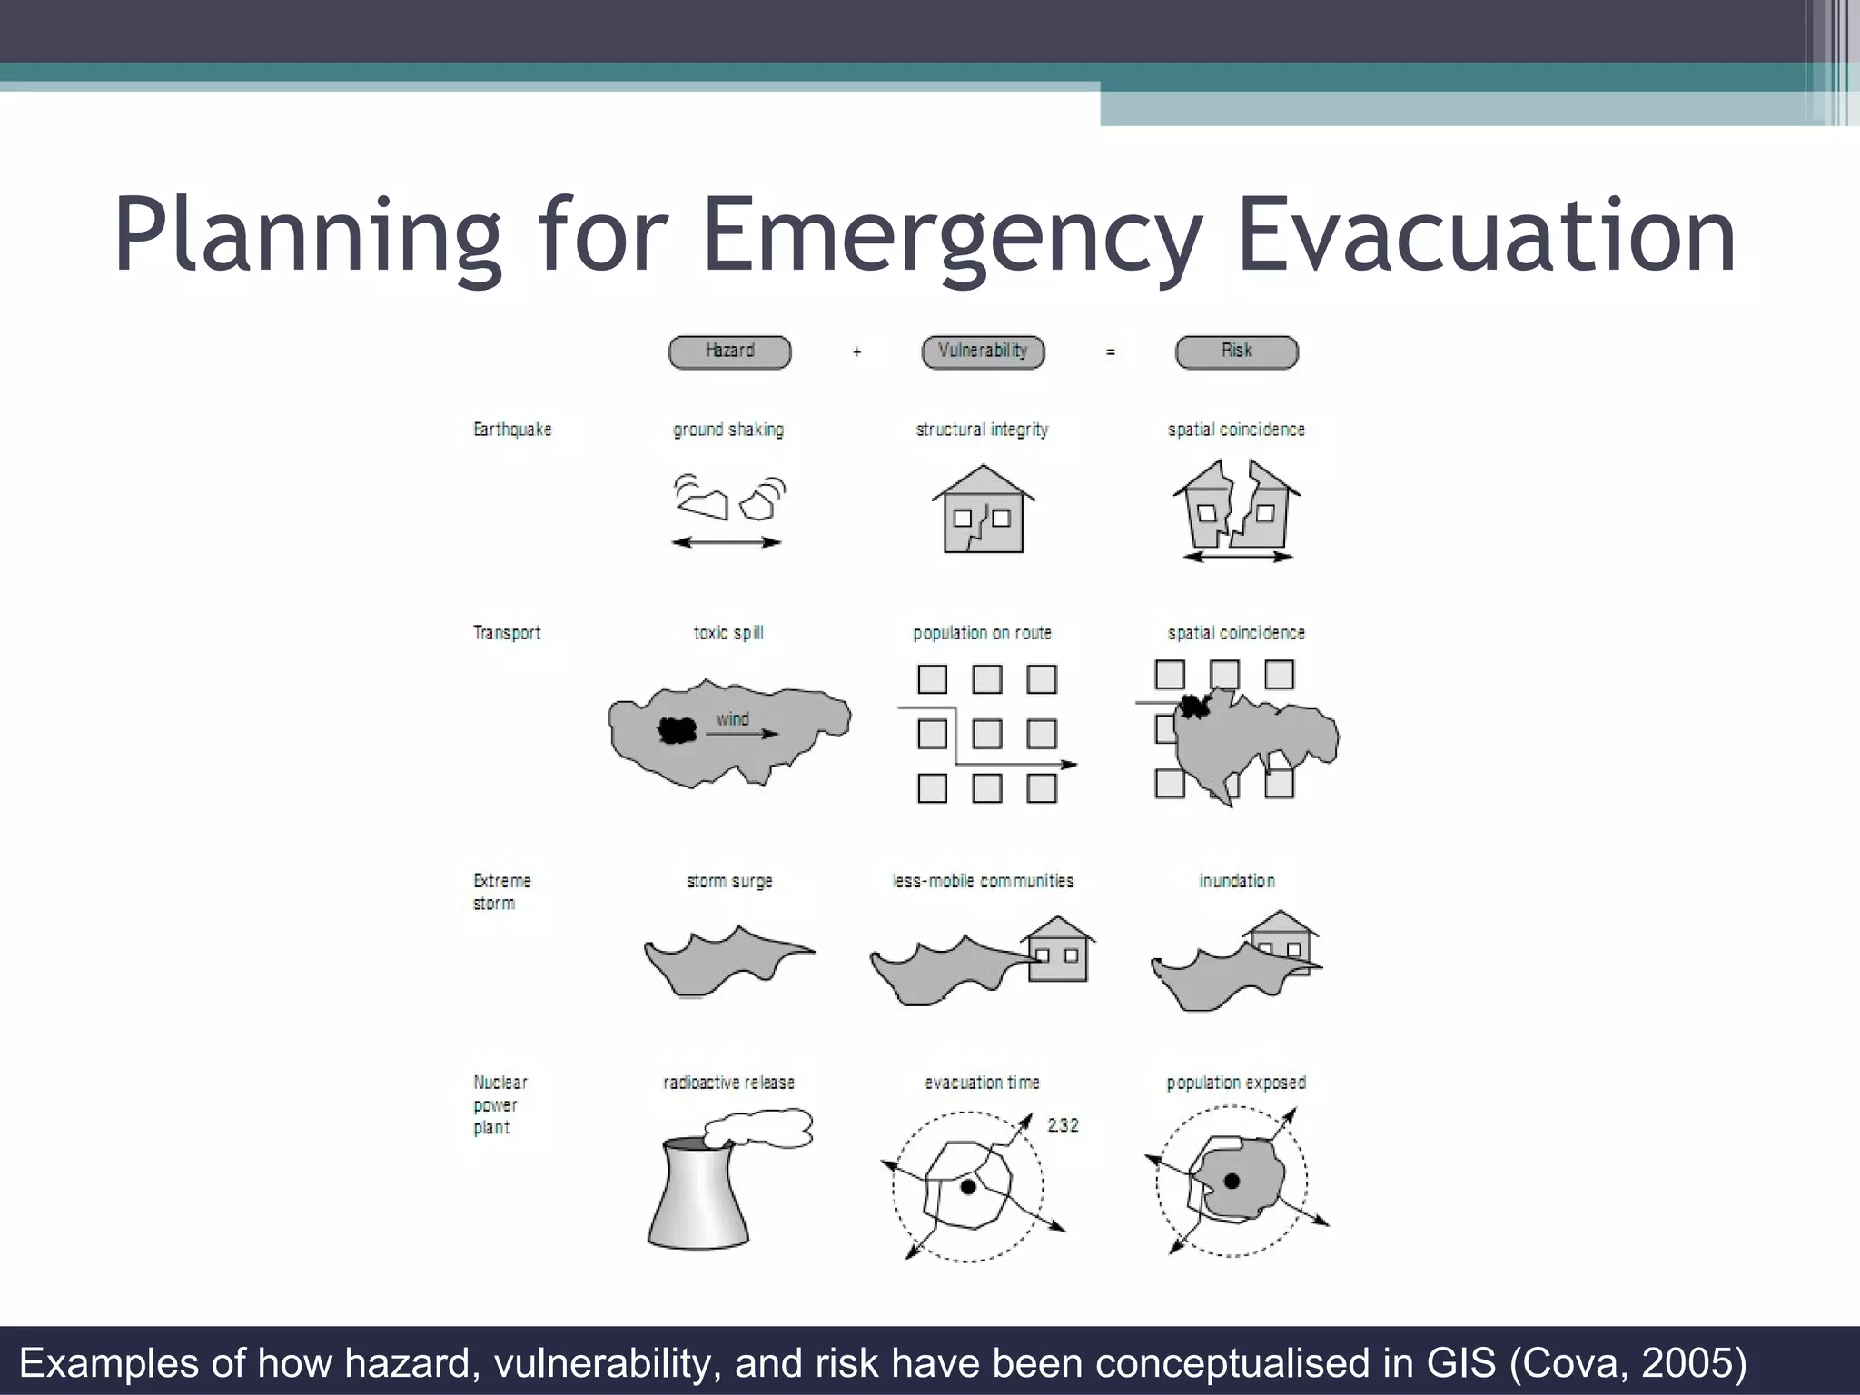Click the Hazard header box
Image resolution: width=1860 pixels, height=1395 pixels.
[729, 351]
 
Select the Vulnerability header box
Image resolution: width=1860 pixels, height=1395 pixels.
[983, 351]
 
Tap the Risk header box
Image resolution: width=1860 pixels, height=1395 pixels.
[1236, 351]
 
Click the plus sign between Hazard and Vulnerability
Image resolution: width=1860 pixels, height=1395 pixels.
[856, 351]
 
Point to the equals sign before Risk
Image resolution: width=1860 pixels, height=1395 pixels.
[1110, 351]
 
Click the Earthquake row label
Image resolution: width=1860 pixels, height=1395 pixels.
[512, 430]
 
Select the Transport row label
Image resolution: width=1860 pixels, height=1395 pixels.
[507, 633]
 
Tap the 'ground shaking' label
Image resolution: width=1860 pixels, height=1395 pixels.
[727, 430]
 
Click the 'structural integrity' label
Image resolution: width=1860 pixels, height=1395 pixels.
[982, 430]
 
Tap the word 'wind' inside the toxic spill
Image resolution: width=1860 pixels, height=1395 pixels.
[732, 719]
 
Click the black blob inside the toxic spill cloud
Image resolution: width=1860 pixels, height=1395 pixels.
[676, 729]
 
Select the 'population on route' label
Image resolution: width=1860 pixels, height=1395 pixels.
[982, 633]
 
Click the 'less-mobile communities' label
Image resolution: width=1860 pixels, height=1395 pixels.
[983, 881]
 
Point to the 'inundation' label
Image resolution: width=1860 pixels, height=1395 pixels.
[1236, 881]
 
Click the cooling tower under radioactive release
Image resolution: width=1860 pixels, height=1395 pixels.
[699, 1194]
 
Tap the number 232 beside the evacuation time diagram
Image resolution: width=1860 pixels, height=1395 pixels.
[1063, 1125]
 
